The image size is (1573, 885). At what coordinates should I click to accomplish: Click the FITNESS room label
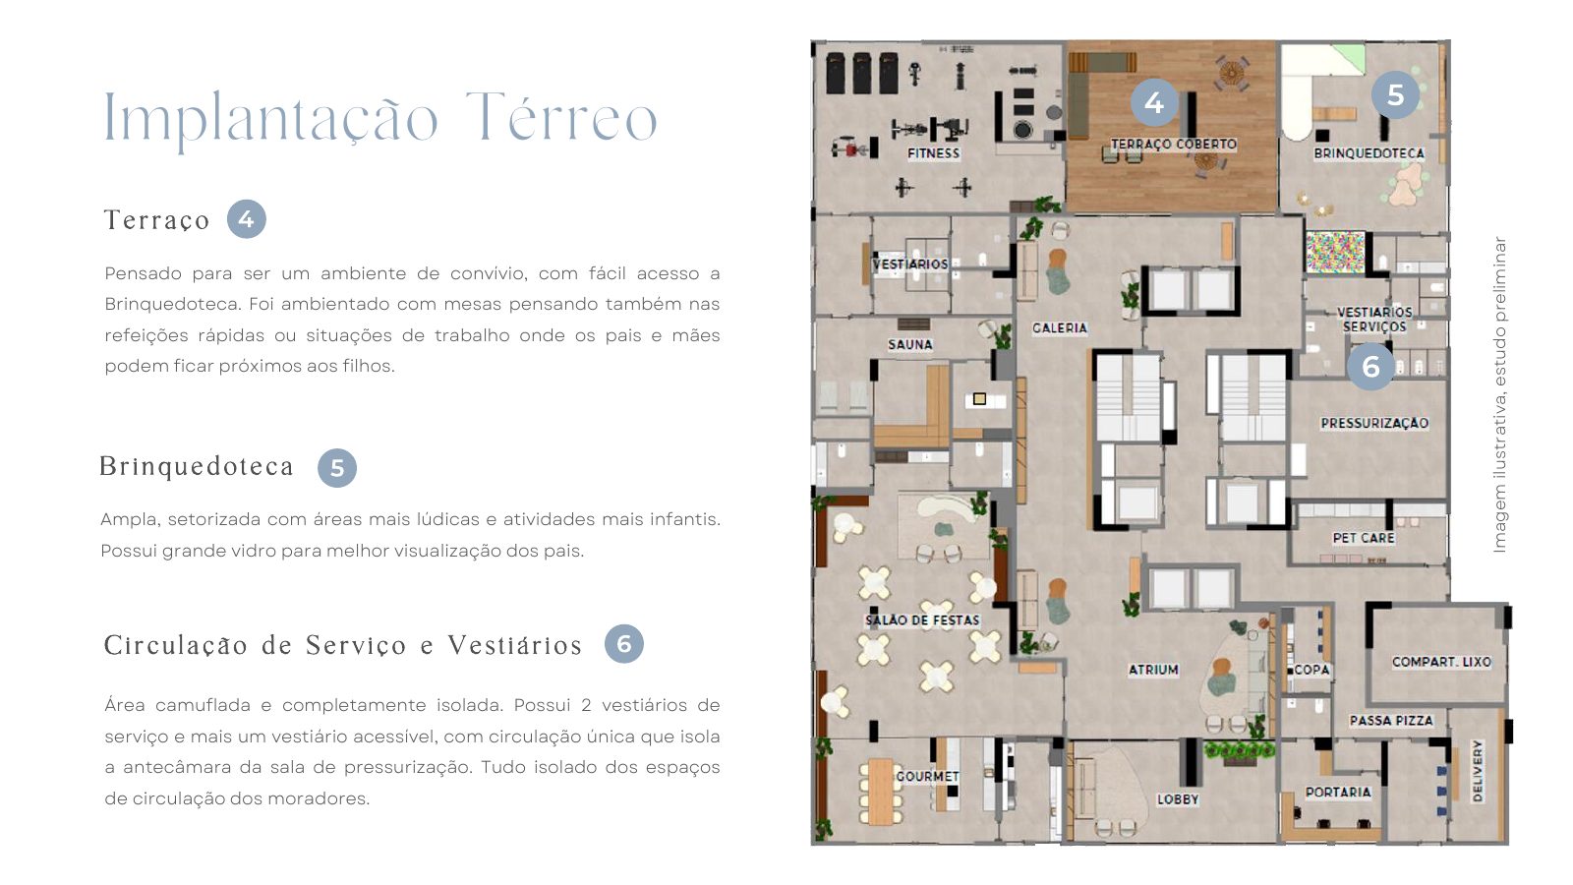tap(933, 153)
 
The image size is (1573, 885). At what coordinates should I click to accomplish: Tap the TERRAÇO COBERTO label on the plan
tap(1174, 144)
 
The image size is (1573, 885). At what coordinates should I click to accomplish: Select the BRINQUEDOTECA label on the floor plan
tap(1369, 153)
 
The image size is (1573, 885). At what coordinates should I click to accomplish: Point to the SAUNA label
tap(910, 345)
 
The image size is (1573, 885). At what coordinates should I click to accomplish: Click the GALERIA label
tap(1060, 328)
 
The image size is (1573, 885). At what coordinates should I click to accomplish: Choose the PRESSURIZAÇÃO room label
tap(1374, 423)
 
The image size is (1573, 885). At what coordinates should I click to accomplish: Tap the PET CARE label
tap(1364, 538)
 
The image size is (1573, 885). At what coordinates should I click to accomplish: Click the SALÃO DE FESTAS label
tap(922, 620)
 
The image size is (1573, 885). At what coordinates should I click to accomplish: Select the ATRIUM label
tap(1153, 670)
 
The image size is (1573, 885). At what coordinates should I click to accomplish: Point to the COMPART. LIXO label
tap(1441, 662)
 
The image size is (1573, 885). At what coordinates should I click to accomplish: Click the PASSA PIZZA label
tap(1391, 721)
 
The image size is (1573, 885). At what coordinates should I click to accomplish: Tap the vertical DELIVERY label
tap(1478, 771)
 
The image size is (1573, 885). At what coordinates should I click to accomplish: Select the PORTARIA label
tap(1338, 793)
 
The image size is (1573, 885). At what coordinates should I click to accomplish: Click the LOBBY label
tap(1178, 799)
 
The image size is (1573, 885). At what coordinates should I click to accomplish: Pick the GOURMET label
tap(928, 776)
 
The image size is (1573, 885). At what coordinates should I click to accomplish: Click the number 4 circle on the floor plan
tap(1154, 102)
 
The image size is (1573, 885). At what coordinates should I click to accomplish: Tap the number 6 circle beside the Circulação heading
tap(623, 644)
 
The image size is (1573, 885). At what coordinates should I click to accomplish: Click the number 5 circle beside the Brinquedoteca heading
tap(337, 468)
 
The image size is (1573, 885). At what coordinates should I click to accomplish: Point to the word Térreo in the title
tap(561, 117)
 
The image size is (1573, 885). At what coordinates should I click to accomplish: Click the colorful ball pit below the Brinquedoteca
tap(1335, 252)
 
